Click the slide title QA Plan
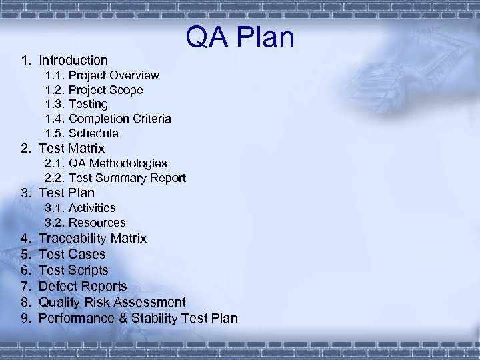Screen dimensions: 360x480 coord(240,37)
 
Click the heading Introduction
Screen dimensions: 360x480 coord(73,60)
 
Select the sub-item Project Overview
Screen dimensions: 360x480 coord(113,75)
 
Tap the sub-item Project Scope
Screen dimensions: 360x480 coord(105,90)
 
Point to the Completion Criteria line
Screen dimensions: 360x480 coord(119,119)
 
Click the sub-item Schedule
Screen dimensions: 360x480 coord(93,133)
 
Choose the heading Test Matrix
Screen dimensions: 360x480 coord(71,148)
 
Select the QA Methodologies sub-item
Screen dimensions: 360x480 coord(117,163)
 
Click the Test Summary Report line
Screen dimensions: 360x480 coord(127,178)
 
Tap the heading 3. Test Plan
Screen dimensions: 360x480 coord(67,193)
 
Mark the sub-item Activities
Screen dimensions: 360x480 coord(92,208)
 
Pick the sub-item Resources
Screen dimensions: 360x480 coord(97,223)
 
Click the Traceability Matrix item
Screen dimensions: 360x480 coord(93,238)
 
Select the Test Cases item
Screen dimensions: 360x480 coord(72,254)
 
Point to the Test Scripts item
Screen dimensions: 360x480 coord(73,270)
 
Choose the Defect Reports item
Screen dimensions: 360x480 coord(83,286)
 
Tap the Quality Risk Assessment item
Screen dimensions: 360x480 coord(112,302)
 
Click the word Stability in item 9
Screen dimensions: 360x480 coord(153,318)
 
